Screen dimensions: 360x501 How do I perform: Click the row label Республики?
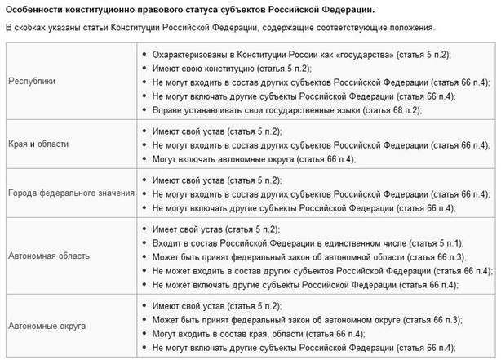pyautogui.click(x=31, y=82)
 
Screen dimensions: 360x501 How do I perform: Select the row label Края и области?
pyautogui.click(x=38, y=144)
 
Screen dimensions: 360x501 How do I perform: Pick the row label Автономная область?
pyautogui.click(x=45, y=256)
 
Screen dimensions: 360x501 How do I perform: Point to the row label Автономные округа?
pyautogui.click(x=44, y=324)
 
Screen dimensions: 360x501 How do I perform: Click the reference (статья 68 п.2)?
pyautogui.click(x=410, y=109)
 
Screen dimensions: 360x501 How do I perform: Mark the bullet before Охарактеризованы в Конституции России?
pyautogui.click(x=144, y=54)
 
